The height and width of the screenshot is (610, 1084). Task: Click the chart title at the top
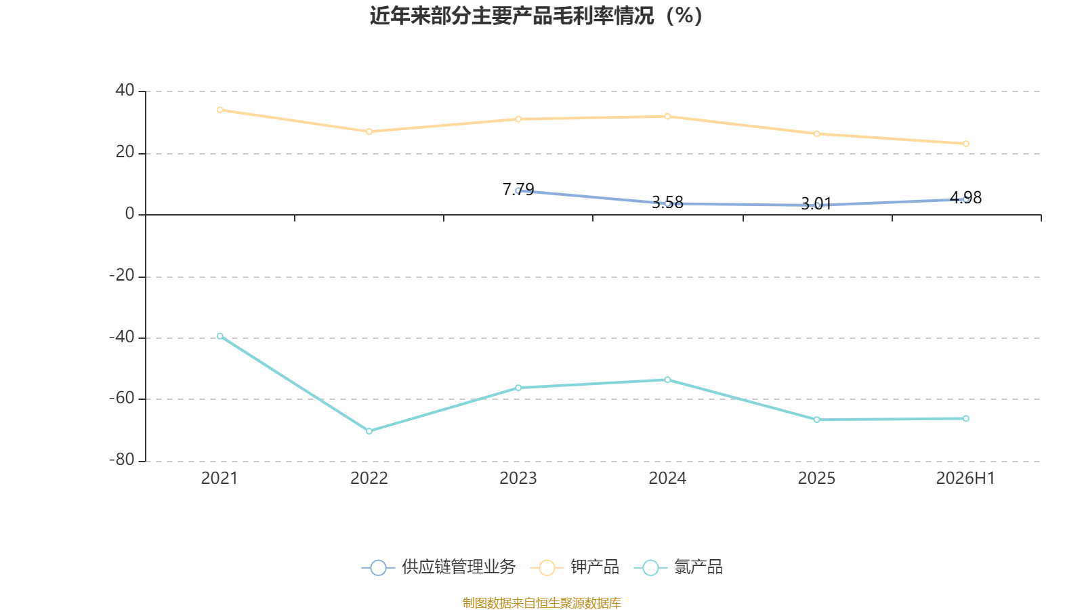click(x=536, y=16)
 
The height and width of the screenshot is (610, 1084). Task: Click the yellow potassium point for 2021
click(x=220, y=110)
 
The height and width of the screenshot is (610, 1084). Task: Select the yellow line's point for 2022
click(x=369, y=131)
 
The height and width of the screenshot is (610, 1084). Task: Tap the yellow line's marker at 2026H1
click(x=966, y=144)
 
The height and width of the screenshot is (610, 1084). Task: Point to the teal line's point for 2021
click(x=220, y=336)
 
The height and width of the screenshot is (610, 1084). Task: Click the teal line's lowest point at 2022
click(x=369, y=431)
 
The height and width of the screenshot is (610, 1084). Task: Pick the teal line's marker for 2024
click(x=668, y=380)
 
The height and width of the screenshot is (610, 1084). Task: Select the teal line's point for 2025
click(x=817, y=420)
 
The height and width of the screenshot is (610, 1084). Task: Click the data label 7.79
click(x=518, y=189)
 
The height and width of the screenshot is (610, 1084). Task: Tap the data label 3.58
click(x=668, y=203)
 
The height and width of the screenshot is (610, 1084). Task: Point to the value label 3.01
click(x=817, y=204)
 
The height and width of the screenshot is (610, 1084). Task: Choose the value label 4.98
click(x=966, y=197)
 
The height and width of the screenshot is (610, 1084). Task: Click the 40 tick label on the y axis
click(x=125, y=90)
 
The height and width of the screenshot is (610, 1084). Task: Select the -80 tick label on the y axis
click(x=121, y=460)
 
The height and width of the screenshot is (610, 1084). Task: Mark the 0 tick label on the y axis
click(x=129, y=213)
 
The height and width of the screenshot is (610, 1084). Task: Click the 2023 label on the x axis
click(x=518, y=479)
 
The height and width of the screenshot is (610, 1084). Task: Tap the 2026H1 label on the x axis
click(x=965, y=479)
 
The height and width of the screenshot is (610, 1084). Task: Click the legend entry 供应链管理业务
click(x=439, y=567)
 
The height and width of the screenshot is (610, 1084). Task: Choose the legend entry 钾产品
click(x=575, y=567)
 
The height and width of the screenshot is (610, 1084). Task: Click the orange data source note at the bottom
click(x=541, y=603)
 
